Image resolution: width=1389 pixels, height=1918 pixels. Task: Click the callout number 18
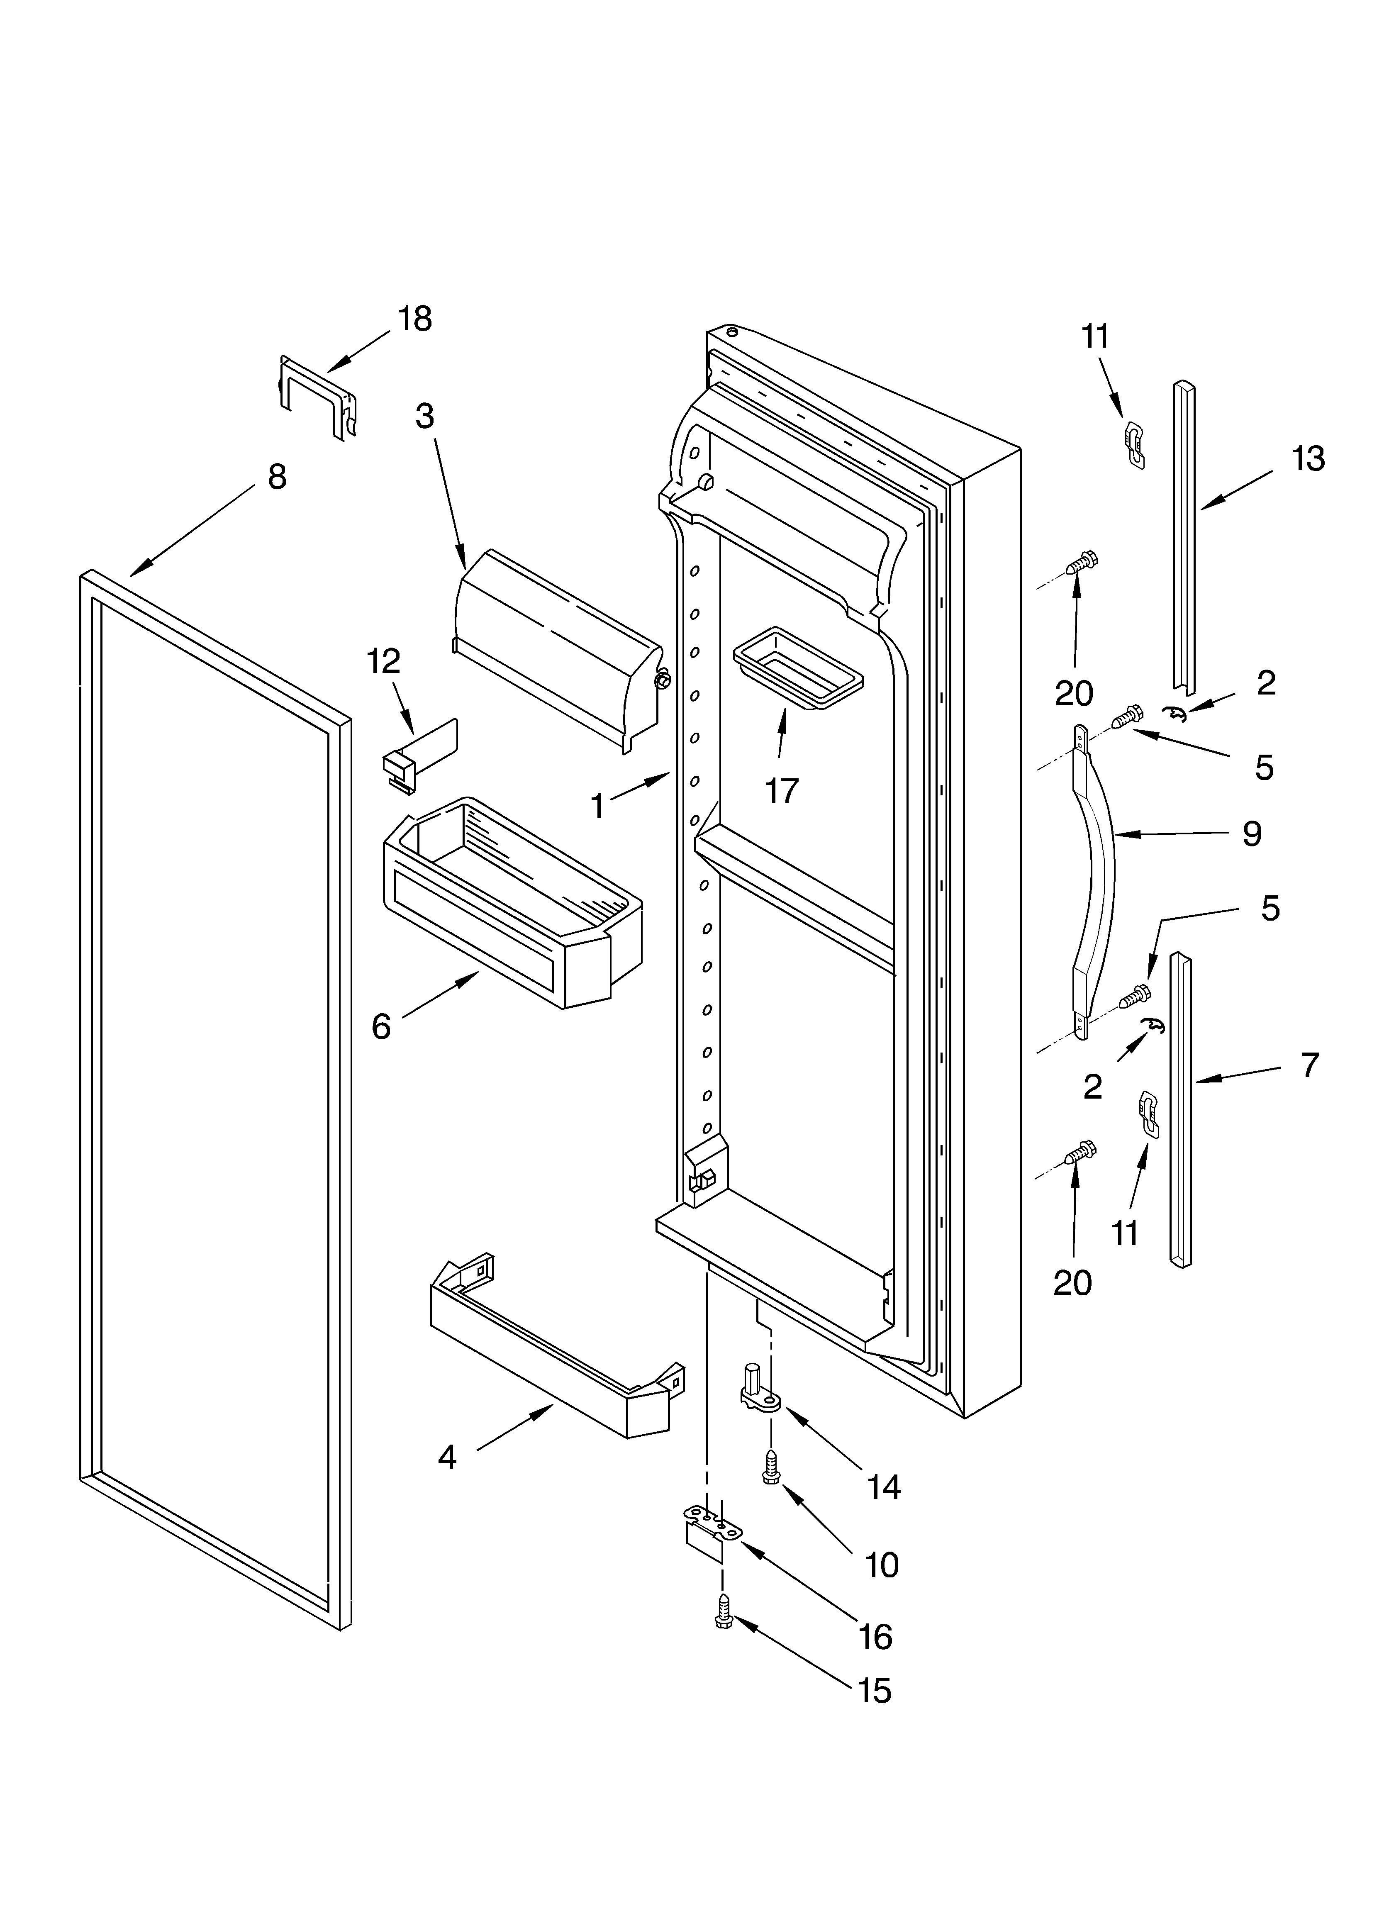pos(414,319)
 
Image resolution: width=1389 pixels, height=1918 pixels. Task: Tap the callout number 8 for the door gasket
pos(277,477)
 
